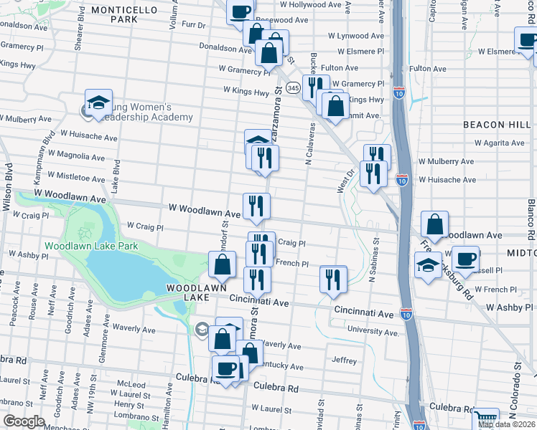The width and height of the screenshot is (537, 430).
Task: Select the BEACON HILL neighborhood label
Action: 498,124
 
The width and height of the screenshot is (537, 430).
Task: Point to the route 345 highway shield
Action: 292,87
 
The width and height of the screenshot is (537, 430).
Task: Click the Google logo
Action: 24,421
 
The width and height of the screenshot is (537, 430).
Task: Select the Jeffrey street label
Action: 345,360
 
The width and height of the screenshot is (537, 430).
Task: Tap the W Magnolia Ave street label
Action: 75,154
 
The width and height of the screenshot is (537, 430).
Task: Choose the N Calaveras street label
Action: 309,143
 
